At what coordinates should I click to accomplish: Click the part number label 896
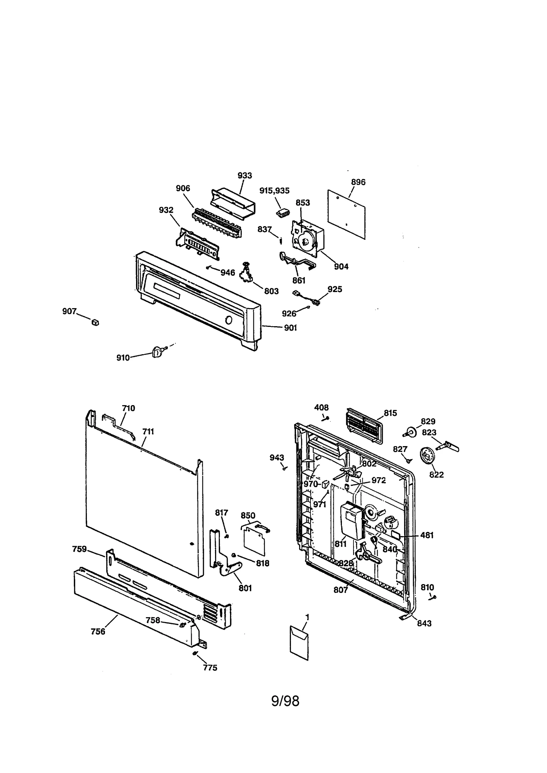point(358,182)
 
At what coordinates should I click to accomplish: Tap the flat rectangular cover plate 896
point(346,213)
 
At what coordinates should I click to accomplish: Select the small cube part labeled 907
point(95,322)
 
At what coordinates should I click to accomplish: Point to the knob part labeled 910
point(157,351)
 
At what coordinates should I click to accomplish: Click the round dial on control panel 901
point(229,320)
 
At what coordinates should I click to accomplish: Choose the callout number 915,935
point(274,191)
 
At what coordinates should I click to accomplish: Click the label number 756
point(98,632)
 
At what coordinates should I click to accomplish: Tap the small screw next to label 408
point(328,418)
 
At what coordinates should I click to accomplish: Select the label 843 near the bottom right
point(424,623)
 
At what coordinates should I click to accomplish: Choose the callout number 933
point(245,176)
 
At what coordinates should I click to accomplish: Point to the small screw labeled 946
point(208,267)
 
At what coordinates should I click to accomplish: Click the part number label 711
point(148,432)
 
